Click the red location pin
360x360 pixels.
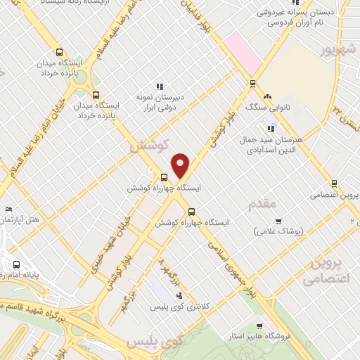coord(181,165)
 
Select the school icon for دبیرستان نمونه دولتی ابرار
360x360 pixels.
coord(160,86)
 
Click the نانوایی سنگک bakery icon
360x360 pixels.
coord(266,96)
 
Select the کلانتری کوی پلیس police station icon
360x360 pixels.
coord(179,295)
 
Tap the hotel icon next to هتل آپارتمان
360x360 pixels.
coord(8,209)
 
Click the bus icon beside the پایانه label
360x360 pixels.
coord(16,265)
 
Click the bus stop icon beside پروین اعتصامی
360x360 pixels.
coord(335,182)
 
